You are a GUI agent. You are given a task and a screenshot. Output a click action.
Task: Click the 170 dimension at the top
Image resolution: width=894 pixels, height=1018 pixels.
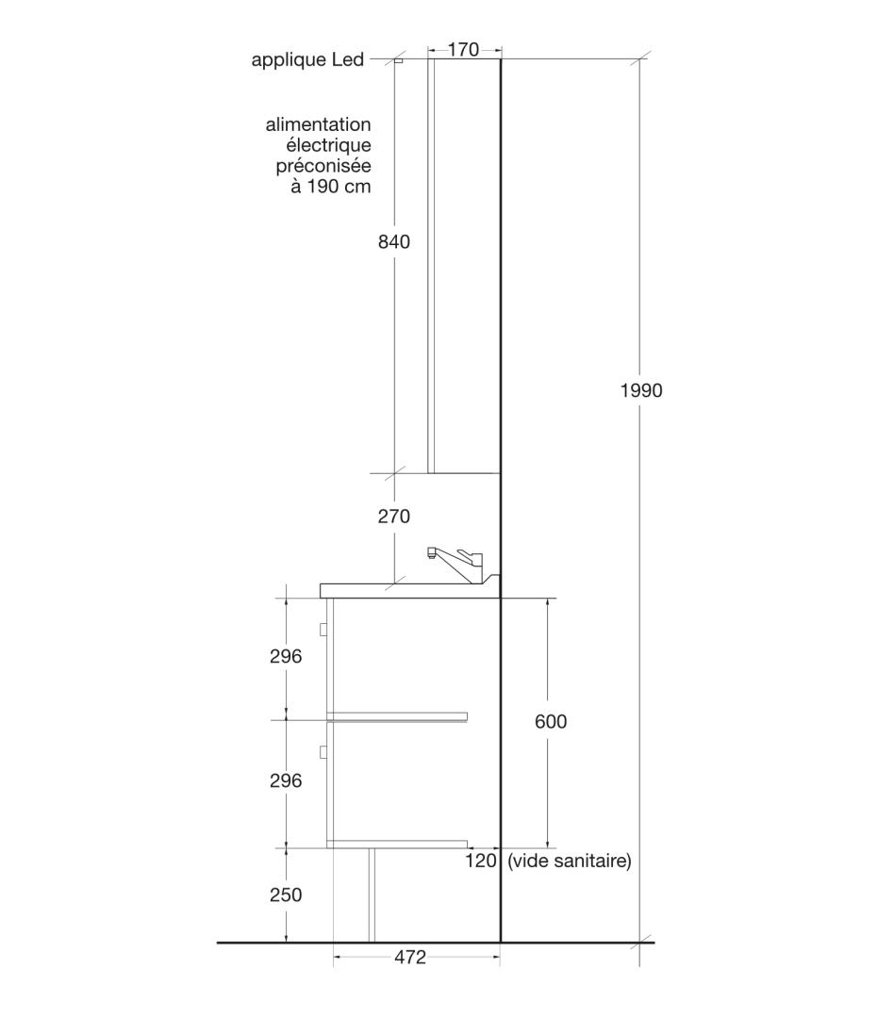463,49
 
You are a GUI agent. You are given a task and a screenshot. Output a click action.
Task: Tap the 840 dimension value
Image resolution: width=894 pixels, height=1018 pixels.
394,241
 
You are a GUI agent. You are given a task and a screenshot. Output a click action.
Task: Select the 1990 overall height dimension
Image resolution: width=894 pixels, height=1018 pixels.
641,390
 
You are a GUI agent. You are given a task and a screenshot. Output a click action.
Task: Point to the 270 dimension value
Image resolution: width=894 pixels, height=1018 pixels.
394,517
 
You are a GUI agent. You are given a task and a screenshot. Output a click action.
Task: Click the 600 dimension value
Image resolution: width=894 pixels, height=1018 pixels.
551,721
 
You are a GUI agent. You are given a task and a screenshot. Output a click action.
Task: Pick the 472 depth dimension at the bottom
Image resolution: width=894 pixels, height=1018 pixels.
410,957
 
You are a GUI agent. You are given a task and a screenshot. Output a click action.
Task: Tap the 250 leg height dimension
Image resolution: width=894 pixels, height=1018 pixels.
286,895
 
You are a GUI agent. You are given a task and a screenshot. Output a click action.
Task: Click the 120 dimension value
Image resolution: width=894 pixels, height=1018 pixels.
481,861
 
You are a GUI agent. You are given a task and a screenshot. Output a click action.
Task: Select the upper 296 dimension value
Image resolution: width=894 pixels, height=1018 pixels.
286,656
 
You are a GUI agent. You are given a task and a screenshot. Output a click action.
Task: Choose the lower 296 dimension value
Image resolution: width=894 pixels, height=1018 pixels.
286,780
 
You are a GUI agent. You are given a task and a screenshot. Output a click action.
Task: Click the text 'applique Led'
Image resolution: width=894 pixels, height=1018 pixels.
307,60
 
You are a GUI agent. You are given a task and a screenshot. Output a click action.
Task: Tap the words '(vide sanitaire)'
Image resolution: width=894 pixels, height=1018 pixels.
570,861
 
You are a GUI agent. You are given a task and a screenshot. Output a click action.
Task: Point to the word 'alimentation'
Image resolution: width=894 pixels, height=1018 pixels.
319,124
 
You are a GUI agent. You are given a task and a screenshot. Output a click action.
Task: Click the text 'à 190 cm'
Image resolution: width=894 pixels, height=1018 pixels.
331,187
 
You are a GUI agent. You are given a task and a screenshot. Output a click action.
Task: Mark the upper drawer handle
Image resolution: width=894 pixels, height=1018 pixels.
323,629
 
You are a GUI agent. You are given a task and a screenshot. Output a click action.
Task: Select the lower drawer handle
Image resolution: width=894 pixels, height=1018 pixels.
323,752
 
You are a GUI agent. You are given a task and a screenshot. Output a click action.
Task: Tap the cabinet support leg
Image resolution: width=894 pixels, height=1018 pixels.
372,895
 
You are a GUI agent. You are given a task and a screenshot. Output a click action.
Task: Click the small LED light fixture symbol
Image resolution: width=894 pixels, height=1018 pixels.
398,61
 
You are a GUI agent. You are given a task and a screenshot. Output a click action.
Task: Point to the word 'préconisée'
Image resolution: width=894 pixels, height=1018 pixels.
323,166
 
